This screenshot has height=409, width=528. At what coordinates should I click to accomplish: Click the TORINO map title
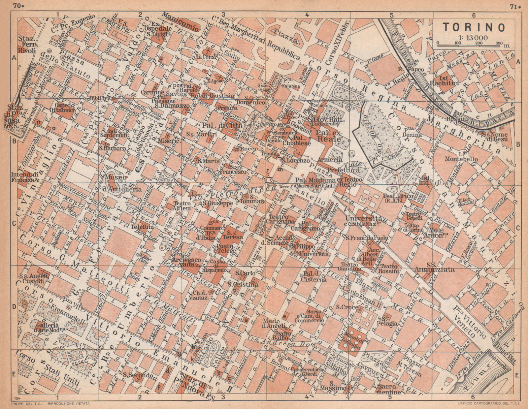tap(474, 27)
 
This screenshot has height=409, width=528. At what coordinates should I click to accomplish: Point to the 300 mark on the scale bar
tap(498, 43)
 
